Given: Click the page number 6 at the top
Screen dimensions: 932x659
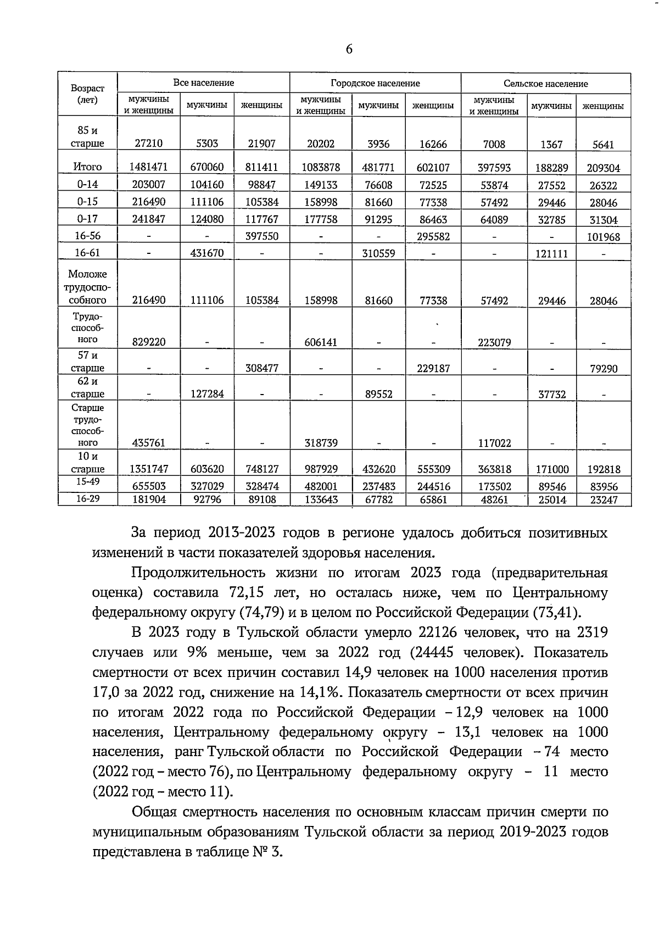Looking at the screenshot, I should (349, 49).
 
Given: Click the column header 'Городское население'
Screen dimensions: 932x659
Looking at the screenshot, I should (375, 84).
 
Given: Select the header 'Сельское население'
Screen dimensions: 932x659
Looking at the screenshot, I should (545, 84).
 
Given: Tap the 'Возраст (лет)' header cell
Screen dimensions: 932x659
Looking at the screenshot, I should (87, 94).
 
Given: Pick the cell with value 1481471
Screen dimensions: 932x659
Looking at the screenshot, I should (148, 167).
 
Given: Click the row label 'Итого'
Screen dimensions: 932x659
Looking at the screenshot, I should (87, 167).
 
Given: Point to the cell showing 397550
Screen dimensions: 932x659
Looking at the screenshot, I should (261, 236).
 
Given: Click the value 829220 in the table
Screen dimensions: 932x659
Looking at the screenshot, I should (148, 342).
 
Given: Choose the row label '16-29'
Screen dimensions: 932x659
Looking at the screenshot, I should (87, 499).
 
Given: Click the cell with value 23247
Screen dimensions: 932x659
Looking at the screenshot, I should (603, 500).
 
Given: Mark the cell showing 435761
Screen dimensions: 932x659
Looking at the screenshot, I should (148, 443).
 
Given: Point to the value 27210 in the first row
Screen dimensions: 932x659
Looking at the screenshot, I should (148, 144).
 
